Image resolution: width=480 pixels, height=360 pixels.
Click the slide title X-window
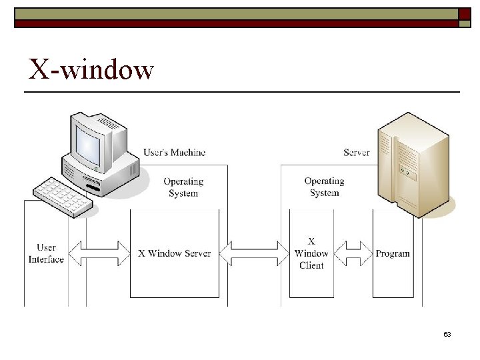(x=91, y=69)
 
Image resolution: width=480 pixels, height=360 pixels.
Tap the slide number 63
(x=447, y=334)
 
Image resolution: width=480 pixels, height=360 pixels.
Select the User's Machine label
(x=175, y=152)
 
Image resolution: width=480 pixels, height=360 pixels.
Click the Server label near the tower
(x=357, y=152)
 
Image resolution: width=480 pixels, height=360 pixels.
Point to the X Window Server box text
(x=175, y=253)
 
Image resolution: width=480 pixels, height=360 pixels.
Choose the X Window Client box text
(x=311, y=253)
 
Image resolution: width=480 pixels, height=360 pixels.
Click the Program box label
(x=393, y=253)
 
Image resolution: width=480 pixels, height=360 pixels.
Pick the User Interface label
(x=47, y=253)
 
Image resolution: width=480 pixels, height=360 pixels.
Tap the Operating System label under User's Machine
(x=183, y=187)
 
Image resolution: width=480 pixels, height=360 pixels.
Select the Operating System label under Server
(x=325, y=187)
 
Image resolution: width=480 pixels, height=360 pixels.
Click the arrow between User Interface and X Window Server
(x=99, y=253)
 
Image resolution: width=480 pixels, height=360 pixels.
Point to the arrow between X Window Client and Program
(x=353, y=253)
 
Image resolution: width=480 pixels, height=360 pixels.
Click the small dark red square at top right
(x=465, y=13)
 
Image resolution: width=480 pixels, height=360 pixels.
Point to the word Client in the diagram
(x=311, y=265)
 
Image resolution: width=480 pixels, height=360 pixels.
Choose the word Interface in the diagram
(x=47, y=259)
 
